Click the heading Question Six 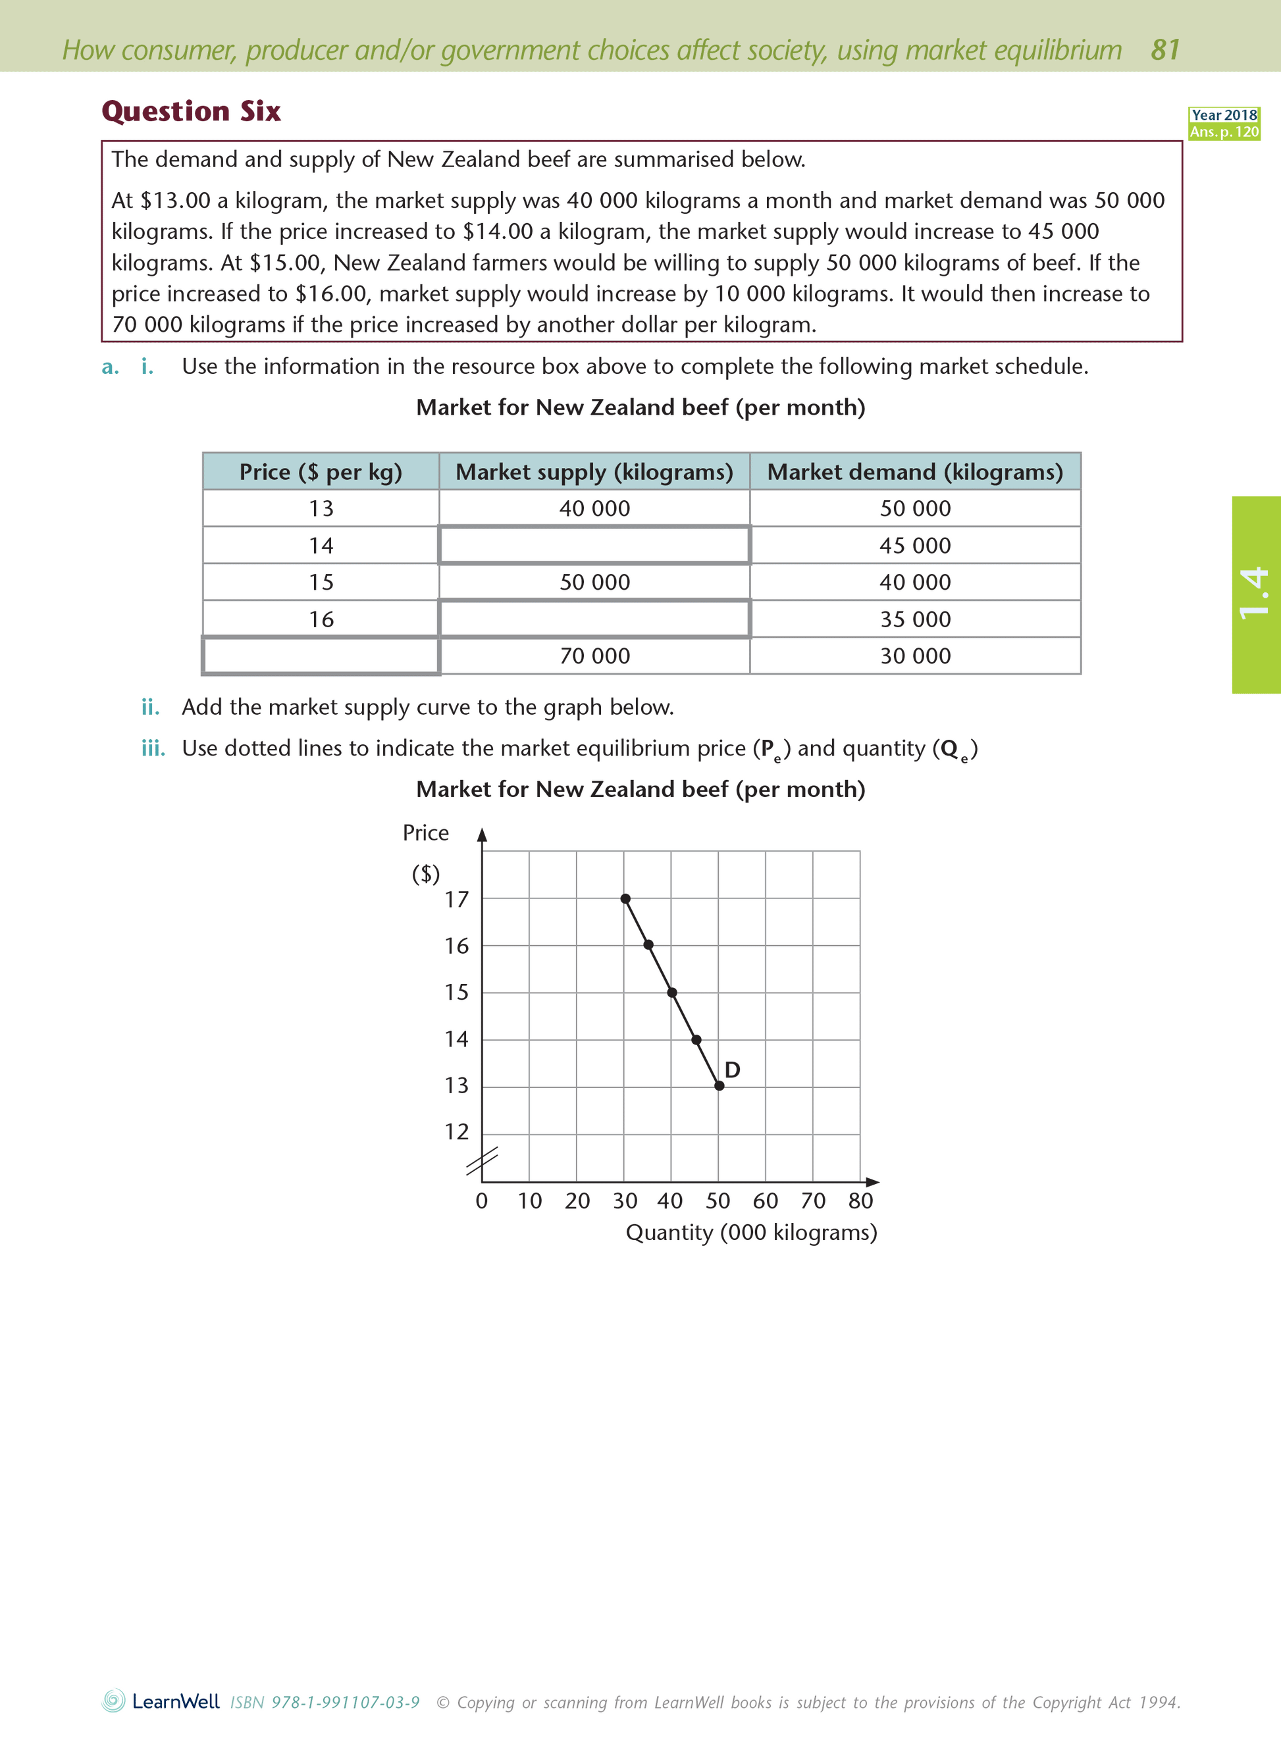[191, 112]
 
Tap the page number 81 [1164, 49]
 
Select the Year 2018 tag [1224, 115]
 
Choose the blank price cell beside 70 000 [321, 656]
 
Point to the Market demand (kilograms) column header [915, 472]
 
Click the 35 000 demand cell [915, 619]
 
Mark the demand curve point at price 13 [719, 1086]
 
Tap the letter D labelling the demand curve [732, 1070]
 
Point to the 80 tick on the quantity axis [860, 1200]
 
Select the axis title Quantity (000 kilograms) [750, 1232]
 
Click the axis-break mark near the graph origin [482, 1161]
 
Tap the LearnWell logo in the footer [161, 1701]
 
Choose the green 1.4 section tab [1255, 594]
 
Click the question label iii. [153, 748]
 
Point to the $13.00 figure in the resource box [175, 201]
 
